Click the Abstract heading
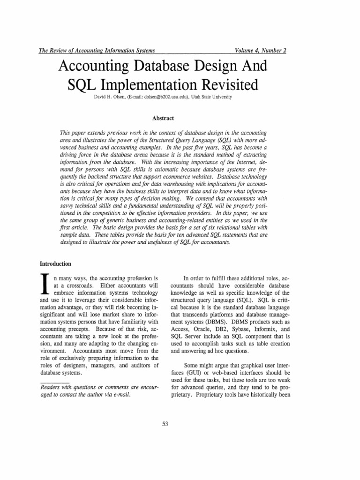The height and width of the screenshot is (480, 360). [164, 119]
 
